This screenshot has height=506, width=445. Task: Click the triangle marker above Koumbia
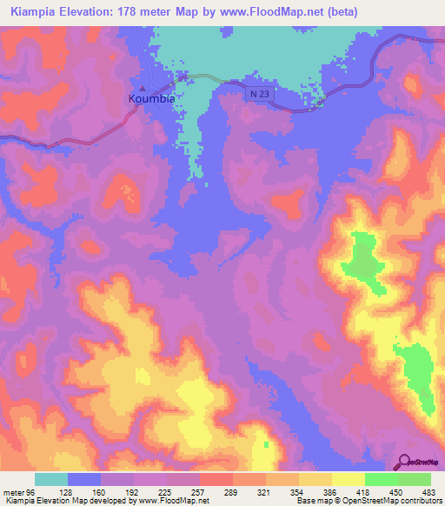143,89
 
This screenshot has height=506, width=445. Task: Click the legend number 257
199,492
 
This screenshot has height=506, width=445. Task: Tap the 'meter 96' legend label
20,492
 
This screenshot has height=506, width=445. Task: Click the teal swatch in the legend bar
51,479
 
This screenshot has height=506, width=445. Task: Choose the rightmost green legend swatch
414,479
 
